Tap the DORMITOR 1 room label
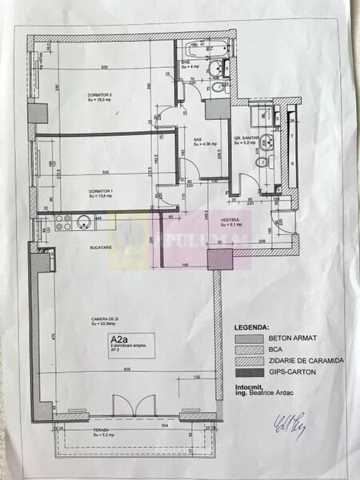pyautogui.click(x=98, y=190)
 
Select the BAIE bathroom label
pyautogui.click(x=186, y=63)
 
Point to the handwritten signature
pyautogui.click(x=288, y=425)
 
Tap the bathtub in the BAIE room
pyautogui.click(x=214, y=48)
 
